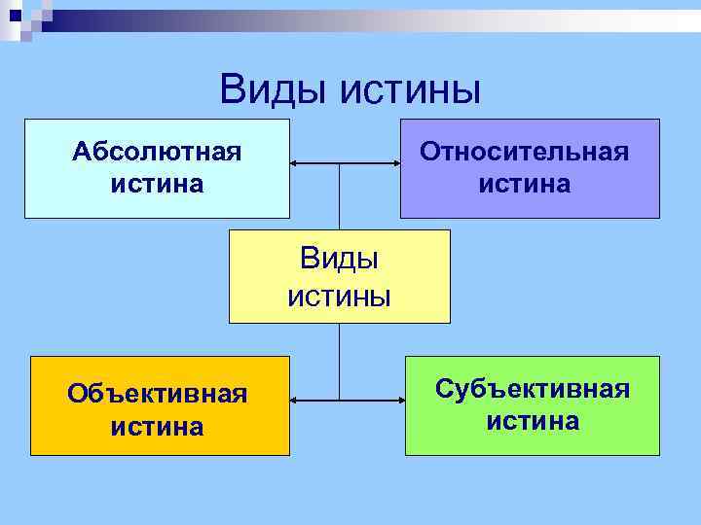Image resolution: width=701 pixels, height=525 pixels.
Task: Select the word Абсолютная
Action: point(158,152)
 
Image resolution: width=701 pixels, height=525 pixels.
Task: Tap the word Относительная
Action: point(524,152)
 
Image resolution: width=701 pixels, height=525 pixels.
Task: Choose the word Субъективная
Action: point(533,389)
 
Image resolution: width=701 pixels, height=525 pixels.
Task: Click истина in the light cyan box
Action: point(158,183)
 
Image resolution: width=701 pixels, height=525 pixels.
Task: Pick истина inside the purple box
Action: point(524,183)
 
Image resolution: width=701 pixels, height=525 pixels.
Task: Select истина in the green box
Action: point(533,420)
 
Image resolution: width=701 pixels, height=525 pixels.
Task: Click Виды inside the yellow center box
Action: point(339,259)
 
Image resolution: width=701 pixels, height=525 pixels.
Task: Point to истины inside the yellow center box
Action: point(339,295)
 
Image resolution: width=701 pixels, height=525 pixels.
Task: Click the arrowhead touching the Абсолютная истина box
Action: point(296,165)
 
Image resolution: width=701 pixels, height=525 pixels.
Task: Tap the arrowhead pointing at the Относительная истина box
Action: point(394,165)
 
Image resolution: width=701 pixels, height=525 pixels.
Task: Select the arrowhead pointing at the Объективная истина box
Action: point(296,400)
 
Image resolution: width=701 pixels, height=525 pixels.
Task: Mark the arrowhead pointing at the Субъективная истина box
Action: point(399,400)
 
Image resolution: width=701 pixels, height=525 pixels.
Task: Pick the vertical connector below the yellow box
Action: point(339,361)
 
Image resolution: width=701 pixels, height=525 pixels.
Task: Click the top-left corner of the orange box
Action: point(31,357)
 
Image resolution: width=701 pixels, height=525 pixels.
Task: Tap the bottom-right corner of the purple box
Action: point(659,217)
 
